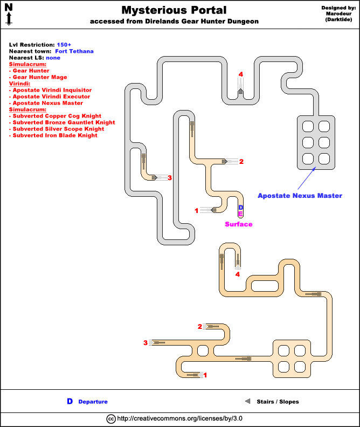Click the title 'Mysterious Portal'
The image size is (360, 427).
point(174,10)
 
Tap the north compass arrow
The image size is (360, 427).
point(9,15)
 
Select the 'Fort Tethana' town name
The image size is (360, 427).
point(74,51)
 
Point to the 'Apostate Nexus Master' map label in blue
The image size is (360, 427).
point(300,196)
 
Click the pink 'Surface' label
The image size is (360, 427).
point(238,224)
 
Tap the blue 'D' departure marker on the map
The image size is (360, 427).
point(241,207)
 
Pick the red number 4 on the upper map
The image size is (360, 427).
point(241,74)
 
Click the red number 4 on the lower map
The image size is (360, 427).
point(238,274)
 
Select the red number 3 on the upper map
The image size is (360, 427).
point(170,177)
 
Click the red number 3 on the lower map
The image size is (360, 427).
point(146,343)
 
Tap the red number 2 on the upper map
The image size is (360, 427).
point(241,161)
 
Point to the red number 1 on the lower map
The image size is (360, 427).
point(204,375)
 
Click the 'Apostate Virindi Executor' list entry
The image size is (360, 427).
point(51,97)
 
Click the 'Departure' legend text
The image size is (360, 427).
point(93,402)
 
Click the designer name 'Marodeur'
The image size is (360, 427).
point(339,14)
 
